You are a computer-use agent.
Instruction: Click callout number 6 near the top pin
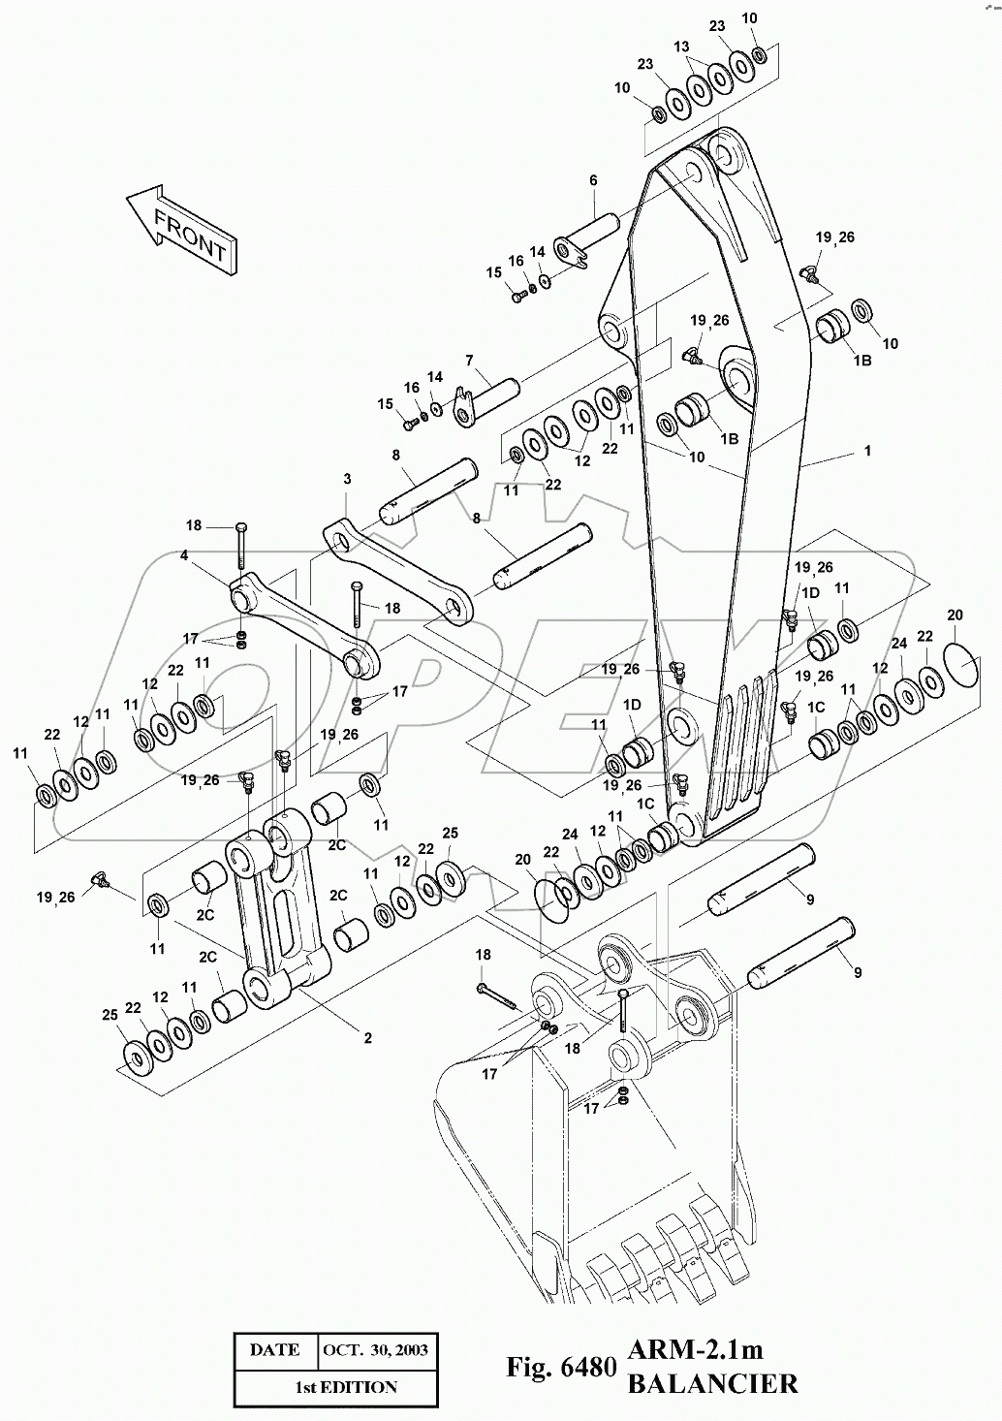point(593,180)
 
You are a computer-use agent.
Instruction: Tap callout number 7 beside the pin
point(469,362)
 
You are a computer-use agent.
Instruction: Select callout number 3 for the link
point(346,479)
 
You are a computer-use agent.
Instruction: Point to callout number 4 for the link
point(183,555)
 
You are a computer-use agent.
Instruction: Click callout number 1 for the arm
point(868,451)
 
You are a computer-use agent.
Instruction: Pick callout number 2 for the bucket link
point(368,1038)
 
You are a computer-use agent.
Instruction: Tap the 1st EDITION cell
point(346,1387)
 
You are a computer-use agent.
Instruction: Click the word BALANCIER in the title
point(712,1383)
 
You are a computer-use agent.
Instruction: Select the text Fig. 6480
point(560,1367)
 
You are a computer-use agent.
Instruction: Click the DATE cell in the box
point(275,1348)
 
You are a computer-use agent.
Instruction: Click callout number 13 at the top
point(681,47)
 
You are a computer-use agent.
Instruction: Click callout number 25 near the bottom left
point(110,1015)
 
